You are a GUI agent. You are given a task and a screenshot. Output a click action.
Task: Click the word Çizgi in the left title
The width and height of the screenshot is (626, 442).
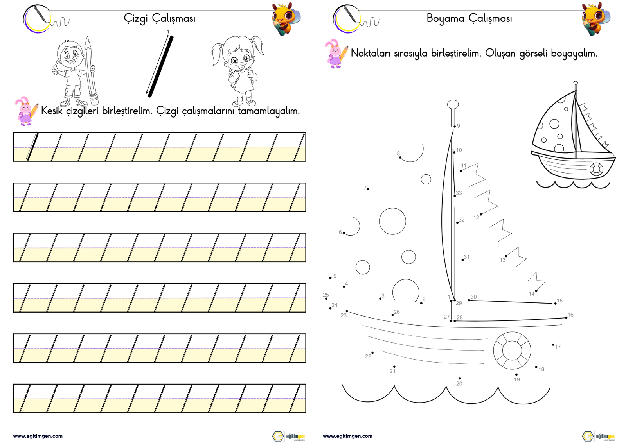point(135,19)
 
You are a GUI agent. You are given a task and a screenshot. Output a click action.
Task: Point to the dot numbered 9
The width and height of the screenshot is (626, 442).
point(455,127)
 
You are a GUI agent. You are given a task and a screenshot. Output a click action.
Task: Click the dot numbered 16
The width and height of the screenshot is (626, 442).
point(566,317)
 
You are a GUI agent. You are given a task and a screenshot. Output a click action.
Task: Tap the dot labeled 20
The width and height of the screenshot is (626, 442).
point(460,378)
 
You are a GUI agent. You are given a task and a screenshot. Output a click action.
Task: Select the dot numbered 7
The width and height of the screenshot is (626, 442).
point(368,189)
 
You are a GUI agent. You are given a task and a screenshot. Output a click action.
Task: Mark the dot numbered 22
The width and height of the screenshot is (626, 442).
point(372,353)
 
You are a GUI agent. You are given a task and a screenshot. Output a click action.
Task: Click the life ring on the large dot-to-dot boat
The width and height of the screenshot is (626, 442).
point(512,351)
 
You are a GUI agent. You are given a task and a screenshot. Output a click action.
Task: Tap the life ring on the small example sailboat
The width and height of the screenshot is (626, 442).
point(596,169)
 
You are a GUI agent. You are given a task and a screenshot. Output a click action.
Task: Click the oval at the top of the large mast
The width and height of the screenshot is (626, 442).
point(453,104)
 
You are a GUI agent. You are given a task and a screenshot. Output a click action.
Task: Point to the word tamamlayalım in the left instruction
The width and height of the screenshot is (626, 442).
point(269,111)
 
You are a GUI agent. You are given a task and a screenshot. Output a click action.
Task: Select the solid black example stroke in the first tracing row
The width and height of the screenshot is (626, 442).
point(33,146)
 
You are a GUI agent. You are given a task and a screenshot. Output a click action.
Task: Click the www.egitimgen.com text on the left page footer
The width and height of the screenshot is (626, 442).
point(38,436)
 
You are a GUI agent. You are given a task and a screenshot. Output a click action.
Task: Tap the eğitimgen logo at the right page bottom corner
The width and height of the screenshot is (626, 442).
point(598,436)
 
